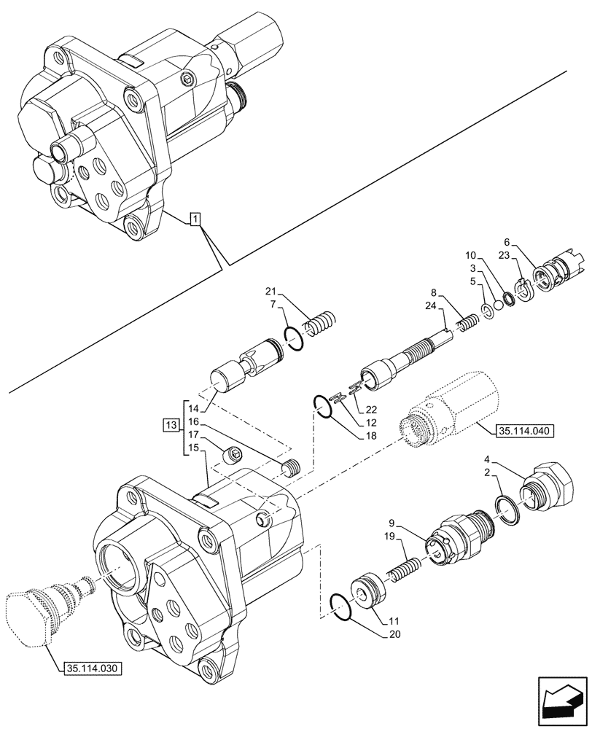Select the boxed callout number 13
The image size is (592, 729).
pos(171,425)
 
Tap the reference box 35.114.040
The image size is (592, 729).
pos(525,431)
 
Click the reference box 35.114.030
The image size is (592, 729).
pos(90,667)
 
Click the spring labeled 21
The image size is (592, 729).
pos(320,322)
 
